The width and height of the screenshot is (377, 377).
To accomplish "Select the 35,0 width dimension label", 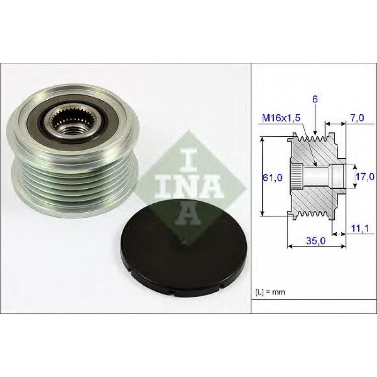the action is click(x=316, y=240).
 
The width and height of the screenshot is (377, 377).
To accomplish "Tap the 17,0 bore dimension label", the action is click(x=365, y=177).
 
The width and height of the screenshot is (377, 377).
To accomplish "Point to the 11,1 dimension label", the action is click(x=360, y=229).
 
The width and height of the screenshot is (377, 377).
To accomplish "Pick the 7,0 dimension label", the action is click(x=357, y=118).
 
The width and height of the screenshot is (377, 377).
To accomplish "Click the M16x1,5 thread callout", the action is click(x=281, y=118).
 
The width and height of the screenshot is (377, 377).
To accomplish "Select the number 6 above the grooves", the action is click(x=315, y=99).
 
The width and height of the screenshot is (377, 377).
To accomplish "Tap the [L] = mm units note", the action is click(x=270, y=292).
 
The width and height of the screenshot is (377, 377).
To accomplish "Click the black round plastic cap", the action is click(x=183, y=248).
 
